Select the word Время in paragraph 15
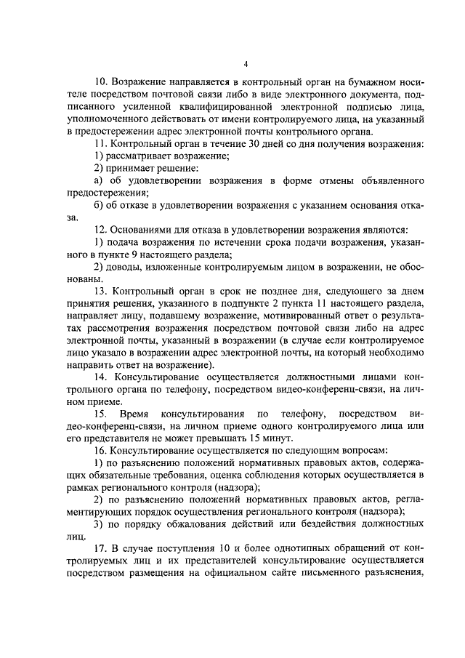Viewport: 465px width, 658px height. pos(134,412)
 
